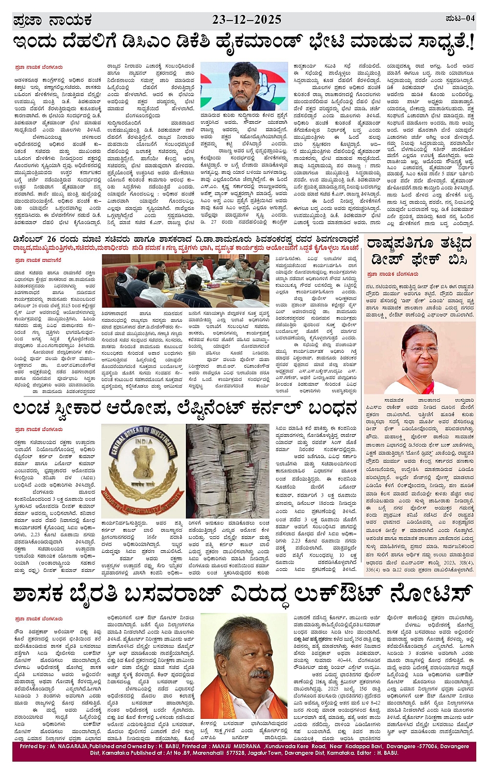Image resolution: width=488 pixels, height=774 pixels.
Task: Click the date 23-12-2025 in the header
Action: [x=247, y=20]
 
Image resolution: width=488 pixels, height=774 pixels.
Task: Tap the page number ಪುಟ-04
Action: [x=460, y=19]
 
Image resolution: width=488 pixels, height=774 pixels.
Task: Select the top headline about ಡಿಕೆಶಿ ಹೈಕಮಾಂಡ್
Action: [x=243, y=43]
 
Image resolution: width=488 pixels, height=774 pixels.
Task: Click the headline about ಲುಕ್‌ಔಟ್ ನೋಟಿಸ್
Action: [x=243, y=594]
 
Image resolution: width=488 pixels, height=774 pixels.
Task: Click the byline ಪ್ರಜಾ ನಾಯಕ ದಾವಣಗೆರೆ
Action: [x=38, y=260]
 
